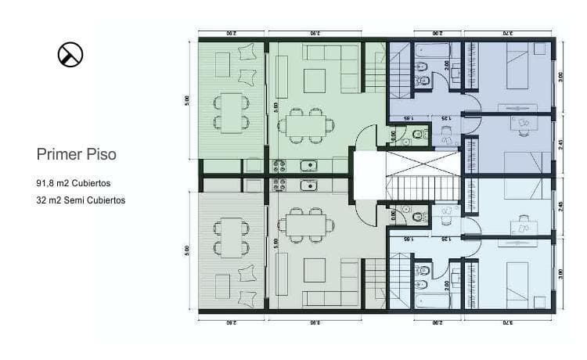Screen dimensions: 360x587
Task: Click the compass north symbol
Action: [x=70, y=55]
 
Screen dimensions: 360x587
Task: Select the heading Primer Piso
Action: [x=77, y=154]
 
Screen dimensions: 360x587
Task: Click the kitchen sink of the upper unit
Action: [x=308, y=165]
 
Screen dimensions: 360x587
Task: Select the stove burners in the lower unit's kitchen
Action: [x=279, y=186]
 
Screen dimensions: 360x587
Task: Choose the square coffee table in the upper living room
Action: [x=315, y=80]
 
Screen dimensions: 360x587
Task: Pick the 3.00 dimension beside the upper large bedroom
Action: [x=560, y=77]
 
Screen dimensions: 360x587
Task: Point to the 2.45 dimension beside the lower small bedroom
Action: [x=560, y=207]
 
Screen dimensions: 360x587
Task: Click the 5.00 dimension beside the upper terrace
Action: [x=188, y=100]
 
